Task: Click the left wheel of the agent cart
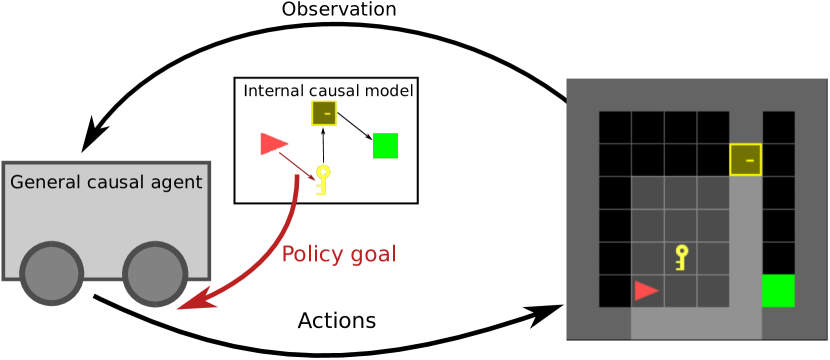point(51,274)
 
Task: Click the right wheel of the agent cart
point(154,274)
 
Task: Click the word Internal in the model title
point(276,91)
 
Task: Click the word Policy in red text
point(307,254)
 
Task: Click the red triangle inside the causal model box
point(273,144)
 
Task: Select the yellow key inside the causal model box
point(322,180)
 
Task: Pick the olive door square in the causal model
point(324,113)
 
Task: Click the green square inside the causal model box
point(385,145)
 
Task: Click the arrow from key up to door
point(323,146)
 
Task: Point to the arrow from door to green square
point(354,127)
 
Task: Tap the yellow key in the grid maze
point(682,257)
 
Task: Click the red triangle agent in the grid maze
point(646,290)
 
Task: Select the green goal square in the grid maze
point(778,290)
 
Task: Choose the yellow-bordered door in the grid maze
point(746,159)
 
